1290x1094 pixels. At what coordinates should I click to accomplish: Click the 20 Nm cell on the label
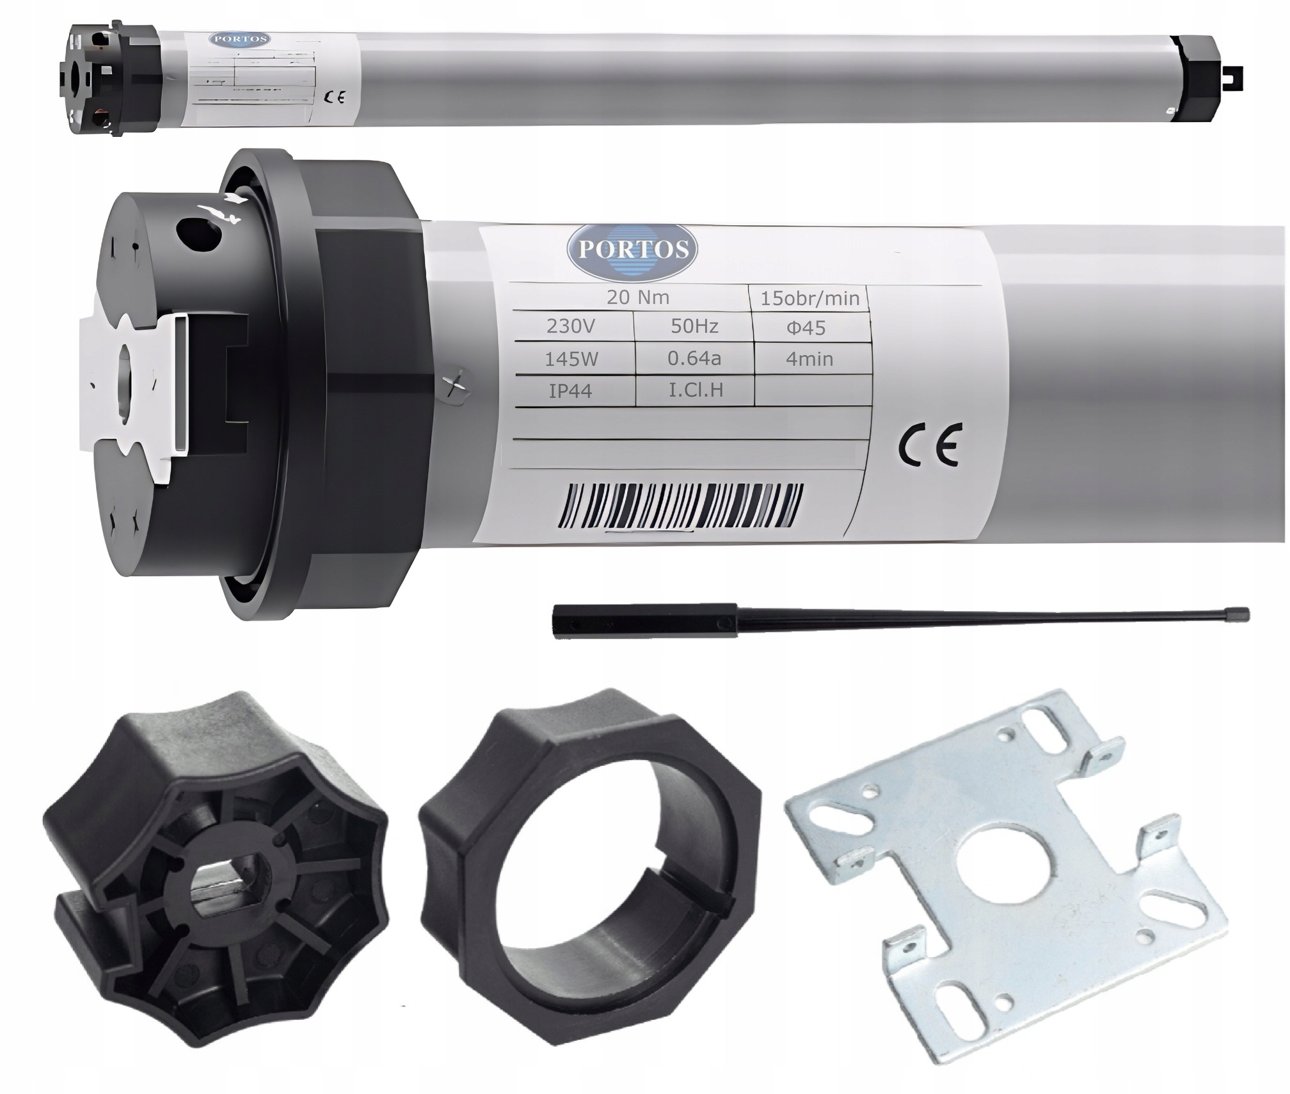[x=637, y=297]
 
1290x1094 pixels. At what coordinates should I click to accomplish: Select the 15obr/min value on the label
[x=809, y=299]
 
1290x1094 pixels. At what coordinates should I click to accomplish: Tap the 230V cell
[x=570, y=327]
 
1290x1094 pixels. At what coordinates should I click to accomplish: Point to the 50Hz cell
[x=694, y=326]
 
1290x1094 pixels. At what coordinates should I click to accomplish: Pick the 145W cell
[x=571, y=360]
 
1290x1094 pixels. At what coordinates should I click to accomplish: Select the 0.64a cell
[x=694, y=358]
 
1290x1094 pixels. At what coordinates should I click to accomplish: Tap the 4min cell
[x=809, y=359]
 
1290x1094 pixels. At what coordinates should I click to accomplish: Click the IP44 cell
[x=570, y=391]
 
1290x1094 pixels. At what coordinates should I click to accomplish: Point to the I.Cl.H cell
[x=696, y=390]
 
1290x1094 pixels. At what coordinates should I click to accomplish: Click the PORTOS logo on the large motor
[x=632, y=248]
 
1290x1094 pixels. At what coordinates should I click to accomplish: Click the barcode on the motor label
[x=678, y=505]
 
